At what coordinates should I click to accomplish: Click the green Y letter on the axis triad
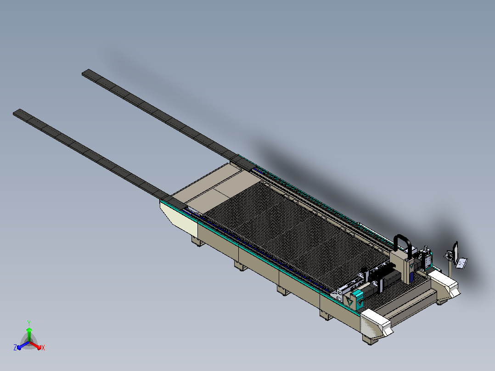click(x=29, y=323)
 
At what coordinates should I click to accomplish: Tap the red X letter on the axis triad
click(x=43, y=348)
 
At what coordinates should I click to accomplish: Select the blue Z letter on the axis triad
click(x=15, y=348)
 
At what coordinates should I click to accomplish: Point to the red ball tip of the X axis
click(x=39, y=348)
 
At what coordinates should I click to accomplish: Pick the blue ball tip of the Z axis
click(x=19, y=348)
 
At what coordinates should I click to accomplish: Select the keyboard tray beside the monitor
click(x=461, y=263)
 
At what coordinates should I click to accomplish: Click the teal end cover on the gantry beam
click(x=358, y=299)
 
